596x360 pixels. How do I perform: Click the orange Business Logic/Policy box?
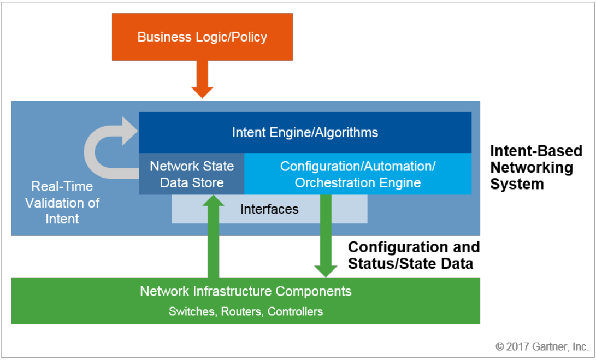click(x=202, y=37)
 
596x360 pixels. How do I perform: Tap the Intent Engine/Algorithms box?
click(x=305, y=132)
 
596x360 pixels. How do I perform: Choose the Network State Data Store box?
click(x=192, y=174)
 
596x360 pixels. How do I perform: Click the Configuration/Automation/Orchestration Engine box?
click(x=358, y=174)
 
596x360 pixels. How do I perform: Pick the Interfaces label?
click(x=269, y=209)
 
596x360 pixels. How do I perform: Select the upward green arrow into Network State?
click(x=213, y=235)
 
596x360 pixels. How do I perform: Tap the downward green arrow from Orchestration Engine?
click(x=326, y=235)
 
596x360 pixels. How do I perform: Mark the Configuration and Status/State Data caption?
click(x=414, y=255)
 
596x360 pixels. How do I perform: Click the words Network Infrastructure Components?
click(x=246, y=291)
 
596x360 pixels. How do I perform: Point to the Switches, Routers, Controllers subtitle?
click(x=246, y=312)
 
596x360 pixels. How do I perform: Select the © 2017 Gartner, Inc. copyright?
click(x=542, y=346)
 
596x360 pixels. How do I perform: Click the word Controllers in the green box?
click(x=295, y=312)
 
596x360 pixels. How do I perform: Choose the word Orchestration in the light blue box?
click(x=331, y=182)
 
